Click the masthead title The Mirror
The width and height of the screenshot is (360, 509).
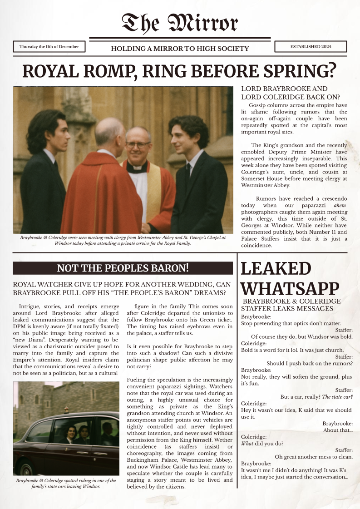[180, 23]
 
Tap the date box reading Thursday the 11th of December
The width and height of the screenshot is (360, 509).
[49, 47]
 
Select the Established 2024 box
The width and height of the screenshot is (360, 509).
[311, 47]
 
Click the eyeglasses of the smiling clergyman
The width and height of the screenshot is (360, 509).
[138, 145]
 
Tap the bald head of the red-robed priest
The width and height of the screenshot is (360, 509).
[109, 132]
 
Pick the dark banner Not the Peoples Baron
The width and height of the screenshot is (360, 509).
[123, 268]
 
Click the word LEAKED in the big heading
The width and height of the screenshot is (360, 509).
[276, 269]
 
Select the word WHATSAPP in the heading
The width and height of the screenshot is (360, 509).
[290, 288]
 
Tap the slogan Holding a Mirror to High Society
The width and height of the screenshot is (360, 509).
[180, 49]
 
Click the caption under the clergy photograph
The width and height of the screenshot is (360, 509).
[123, 241]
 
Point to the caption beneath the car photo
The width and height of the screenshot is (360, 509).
[66, 484]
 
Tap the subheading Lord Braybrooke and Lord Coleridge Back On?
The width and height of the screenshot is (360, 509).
[291, 93]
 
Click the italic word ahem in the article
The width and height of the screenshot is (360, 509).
[339, 205]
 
